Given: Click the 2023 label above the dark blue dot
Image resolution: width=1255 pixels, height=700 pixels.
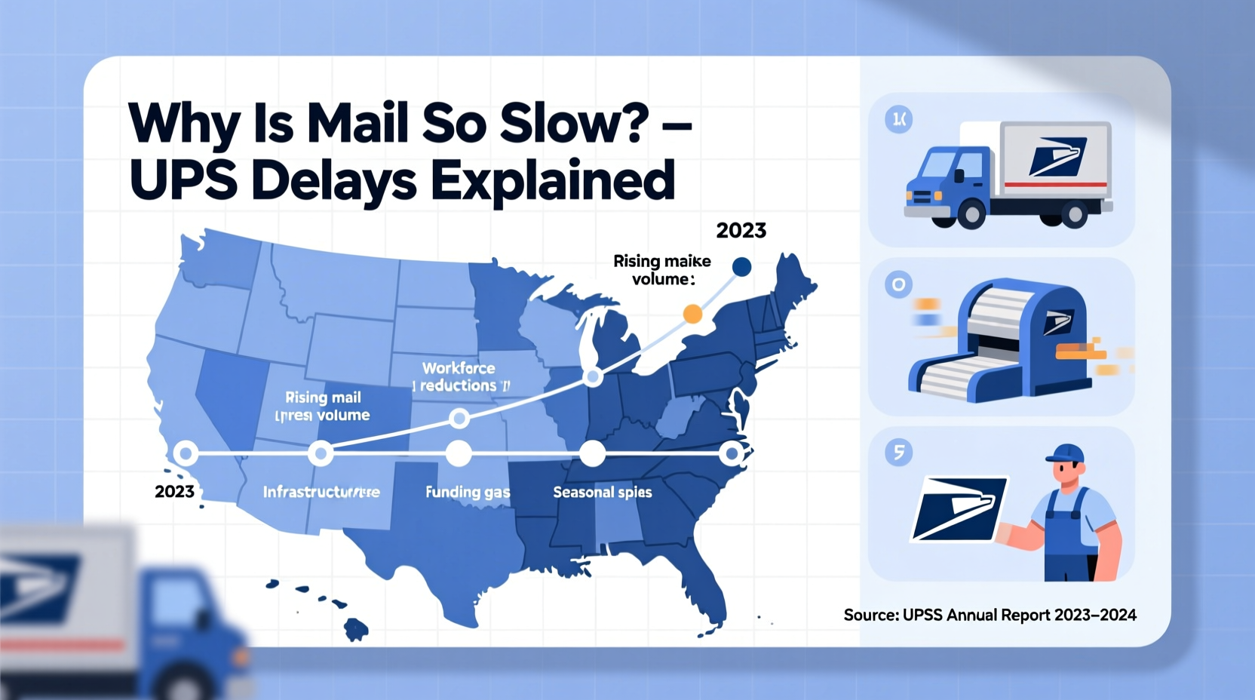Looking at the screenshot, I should point(741,230).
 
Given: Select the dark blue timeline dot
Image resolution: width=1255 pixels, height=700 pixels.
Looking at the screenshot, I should point(741,266).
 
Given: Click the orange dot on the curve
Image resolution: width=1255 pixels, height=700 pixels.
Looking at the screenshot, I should point(692,314).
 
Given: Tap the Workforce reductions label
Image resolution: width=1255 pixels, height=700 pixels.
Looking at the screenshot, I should point(459,376).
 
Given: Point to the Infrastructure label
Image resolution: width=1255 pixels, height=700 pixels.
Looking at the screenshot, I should point(321,492).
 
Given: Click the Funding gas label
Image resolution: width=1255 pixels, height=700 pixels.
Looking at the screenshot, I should point(468,492).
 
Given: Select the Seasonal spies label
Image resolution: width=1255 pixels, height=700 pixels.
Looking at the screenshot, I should point(603,492).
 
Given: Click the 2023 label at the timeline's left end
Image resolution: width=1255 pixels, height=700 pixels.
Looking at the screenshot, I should point(174,492).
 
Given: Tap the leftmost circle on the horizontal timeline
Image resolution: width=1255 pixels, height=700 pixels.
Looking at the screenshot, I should point(186,453).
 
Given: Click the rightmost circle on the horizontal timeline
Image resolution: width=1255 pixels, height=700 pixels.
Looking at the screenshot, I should point(731,453).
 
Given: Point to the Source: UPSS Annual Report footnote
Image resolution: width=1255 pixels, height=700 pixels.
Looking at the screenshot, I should point(990,615).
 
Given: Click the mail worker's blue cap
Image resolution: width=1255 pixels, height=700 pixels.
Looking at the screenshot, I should point(1066,453).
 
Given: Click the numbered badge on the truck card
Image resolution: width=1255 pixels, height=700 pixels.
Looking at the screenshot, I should point(898,119).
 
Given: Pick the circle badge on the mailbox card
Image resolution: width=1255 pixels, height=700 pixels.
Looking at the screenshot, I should point(898,285).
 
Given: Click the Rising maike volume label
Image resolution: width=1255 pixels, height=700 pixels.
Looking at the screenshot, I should point(662,270).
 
